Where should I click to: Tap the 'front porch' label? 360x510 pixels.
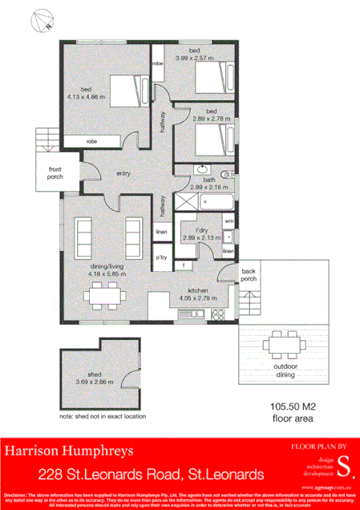pyautogui.click(x=55, y=173)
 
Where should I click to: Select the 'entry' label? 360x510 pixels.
pyautogui.click(x=123, y=172)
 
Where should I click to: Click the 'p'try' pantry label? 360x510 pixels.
pyautogui.click(x=161, y=257)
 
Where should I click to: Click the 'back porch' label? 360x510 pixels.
pyautogui.click(x=249, y=275)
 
